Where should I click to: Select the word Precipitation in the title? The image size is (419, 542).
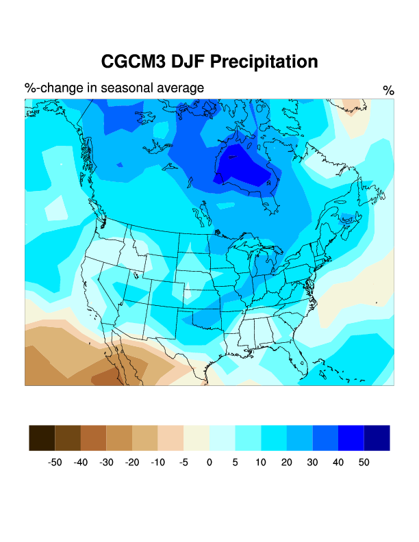click(264, 62)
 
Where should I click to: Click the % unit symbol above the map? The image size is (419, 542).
click(389, 91)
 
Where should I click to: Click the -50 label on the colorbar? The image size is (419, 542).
click(55, 463)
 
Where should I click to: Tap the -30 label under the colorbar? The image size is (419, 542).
click(106, 463)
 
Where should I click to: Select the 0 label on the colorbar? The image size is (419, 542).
click(209, 463)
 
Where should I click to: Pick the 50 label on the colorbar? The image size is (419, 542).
click(364, 463)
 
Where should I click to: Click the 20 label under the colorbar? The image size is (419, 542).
click(286, 463)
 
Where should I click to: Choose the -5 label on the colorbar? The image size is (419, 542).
click(183, 463)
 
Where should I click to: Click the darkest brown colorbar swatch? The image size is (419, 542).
click(42, 438)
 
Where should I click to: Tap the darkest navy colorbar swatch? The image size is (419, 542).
click(377, 438)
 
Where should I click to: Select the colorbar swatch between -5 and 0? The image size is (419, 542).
click(196, 438)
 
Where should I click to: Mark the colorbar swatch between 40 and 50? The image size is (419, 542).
click(351, 438)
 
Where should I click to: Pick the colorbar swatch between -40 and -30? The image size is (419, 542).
click(94, 438)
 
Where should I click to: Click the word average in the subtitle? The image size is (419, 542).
click(180, 88)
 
